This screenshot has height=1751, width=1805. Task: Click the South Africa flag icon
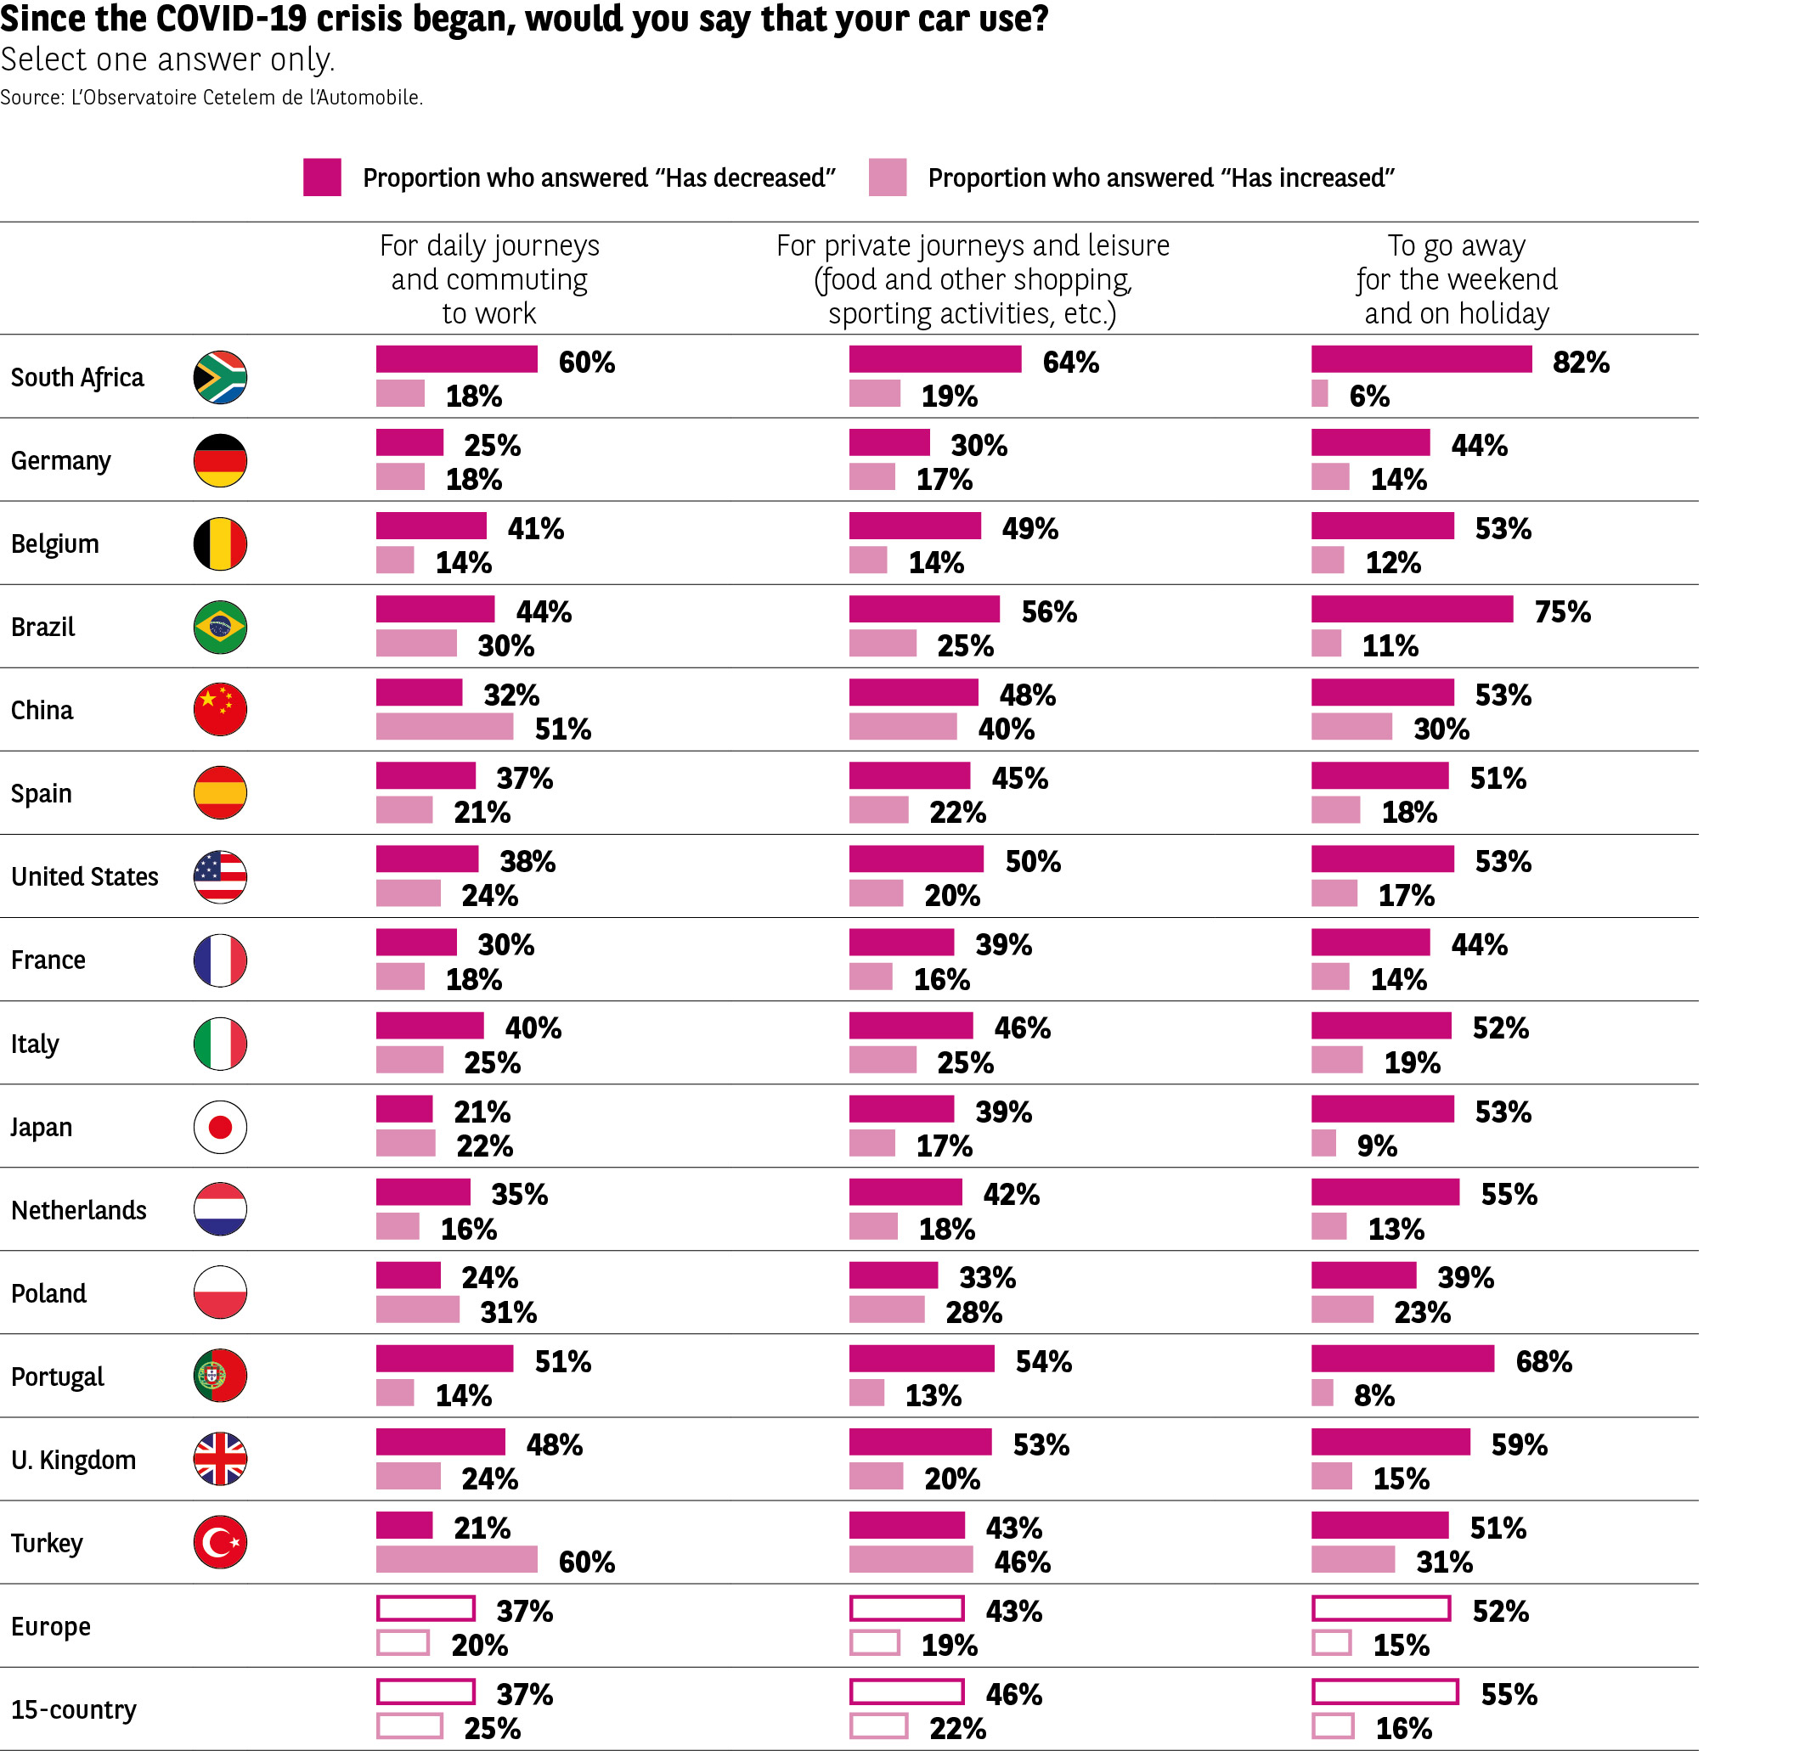220,377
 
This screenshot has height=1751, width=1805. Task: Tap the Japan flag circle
220,1127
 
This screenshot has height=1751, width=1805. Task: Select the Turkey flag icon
220,1543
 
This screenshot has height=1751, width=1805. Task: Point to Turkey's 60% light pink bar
456,1560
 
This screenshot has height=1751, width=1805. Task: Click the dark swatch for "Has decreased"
322,177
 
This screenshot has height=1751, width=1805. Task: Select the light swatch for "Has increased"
887,177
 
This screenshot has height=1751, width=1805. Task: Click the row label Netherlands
78,1210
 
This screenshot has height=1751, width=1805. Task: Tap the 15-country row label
74,1709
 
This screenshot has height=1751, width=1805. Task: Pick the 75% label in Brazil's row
1562,611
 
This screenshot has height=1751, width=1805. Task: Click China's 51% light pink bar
444,727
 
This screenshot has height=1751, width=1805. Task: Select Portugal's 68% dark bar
1402,1359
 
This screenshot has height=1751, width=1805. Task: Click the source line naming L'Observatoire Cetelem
212,98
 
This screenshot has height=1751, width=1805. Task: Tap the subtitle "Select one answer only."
166,59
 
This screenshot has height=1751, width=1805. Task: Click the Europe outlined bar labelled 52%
1380,1609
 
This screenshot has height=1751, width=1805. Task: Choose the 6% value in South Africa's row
1368,396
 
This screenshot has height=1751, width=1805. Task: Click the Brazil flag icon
220,627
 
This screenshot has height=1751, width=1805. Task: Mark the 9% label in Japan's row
1376,1146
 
